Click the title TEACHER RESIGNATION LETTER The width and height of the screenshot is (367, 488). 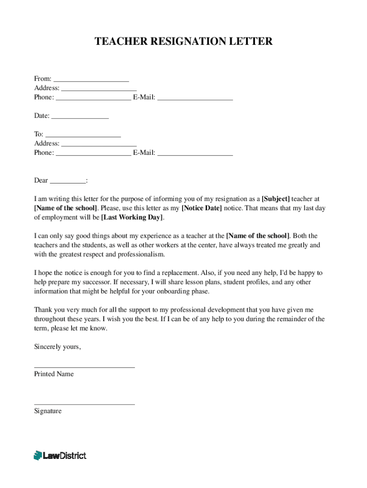183,41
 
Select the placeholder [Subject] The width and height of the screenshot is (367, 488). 275,199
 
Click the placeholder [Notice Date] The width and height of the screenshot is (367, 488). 202,208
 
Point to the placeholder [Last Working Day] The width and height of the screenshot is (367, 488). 132,217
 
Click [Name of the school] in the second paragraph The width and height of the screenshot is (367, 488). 257,236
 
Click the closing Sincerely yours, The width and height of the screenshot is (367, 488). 57,347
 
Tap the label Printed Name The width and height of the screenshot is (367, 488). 54,374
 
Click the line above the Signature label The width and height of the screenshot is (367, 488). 84,404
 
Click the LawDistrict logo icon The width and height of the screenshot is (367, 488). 38,456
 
